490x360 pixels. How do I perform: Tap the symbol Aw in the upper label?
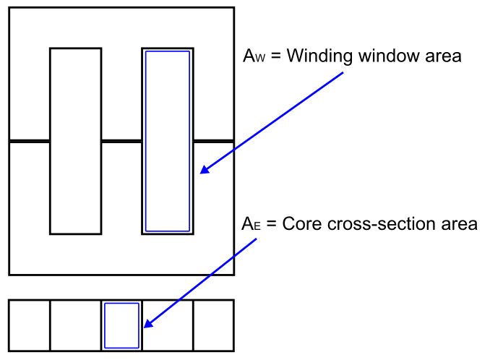point(253,57)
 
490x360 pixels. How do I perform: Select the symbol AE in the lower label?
point(249,224)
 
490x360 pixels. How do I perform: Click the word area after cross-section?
point(461,224)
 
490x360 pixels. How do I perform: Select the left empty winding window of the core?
point(75,141)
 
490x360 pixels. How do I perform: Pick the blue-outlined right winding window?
point(168,141)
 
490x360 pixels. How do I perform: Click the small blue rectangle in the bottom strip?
point(121,325)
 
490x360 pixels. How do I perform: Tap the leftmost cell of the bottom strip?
point(30,325)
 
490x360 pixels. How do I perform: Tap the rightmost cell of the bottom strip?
point(213,325)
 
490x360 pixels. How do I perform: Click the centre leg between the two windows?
point(121,94)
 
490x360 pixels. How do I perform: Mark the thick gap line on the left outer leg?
point(29,141)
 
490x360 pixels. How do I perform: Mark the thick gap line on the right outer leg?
point(214,140)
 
